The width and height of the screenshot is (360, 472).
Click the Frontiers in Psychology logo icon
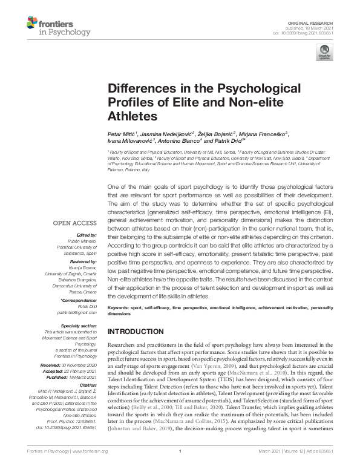click(x=34, y=24)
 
